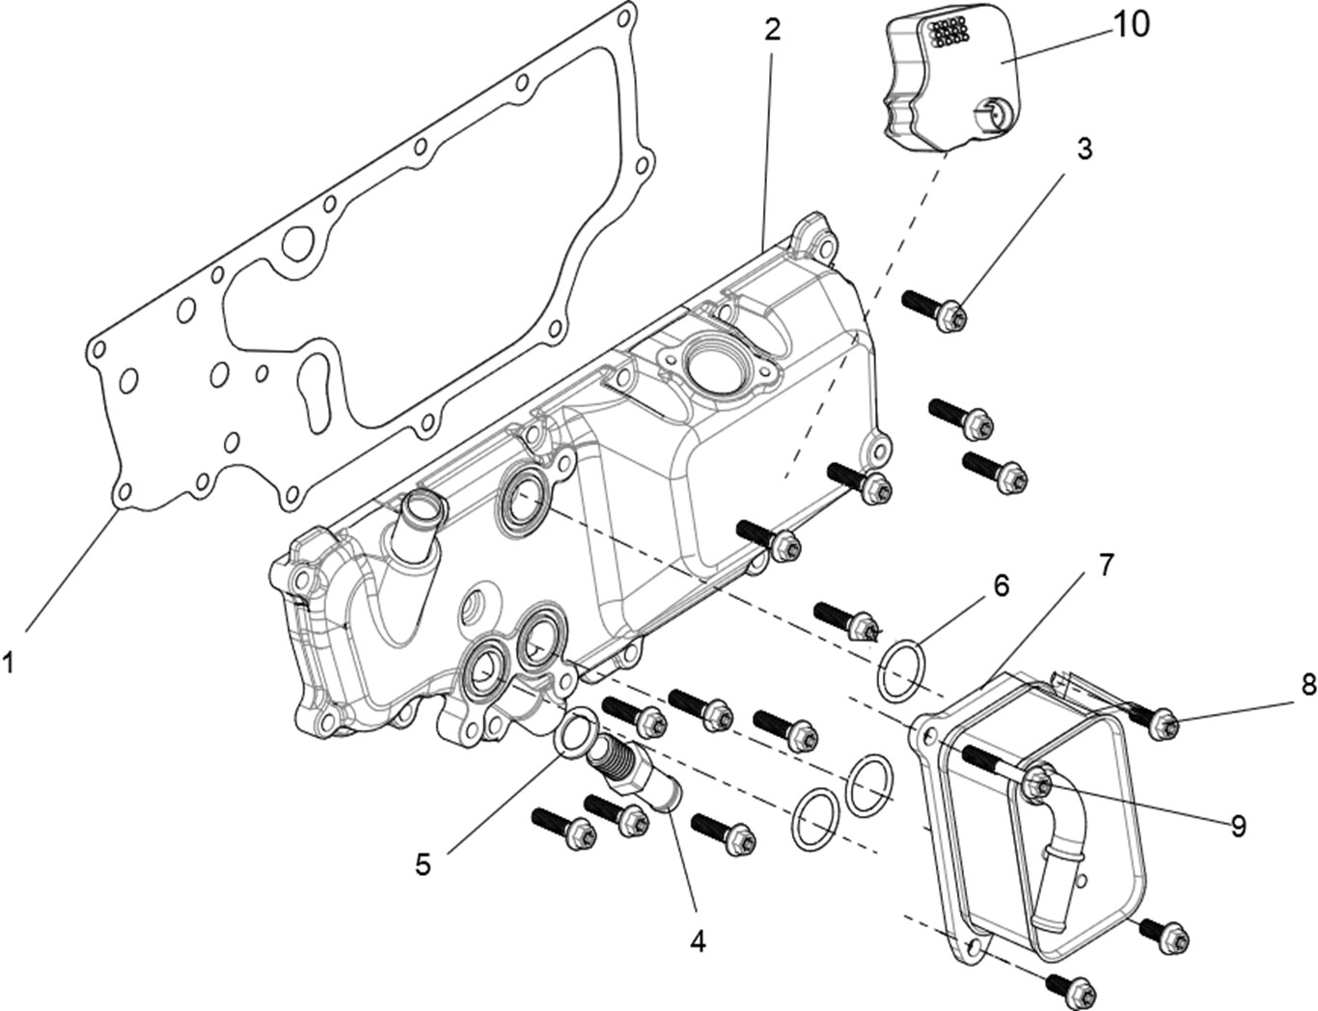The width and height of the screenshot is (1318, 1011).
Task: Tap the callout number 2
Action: pos(772,29)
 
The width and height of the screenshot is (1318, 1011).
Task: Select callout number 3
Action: pos(1085,150)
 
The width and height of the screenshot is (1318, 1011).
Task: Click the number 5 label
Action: pos(423,863)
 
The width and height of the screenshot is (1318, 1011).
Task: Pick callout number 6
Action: pos(1001,586)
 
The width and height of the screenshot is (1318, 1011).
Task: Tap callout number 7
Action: pos(1105,564)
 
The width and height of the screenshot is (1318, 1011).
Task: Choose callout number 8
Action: pos(1307,685)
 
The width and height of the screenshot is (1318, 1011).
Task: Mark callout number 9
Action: pos(1237,826)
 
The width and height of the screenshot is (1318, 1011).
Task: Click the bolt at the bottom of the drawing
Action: pos(1071,987)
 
